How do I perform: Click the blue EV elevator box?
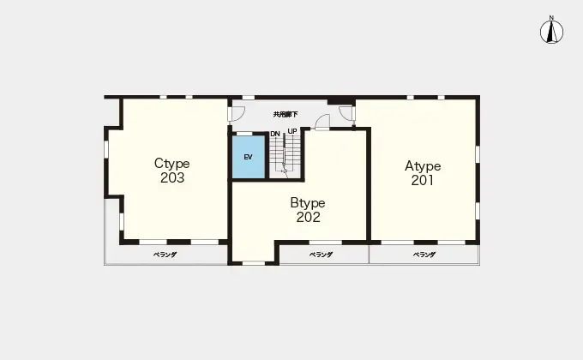point(249,157)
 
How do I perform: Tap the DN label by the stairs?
point(275,134)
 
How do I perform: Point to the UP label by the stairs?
point(292,131)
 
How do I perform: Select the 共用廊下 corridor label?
point(285,115)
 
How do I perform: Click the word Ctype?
point(171,164)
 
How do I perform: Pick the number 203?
point(172,177)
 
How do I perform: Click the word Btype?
point(308,203)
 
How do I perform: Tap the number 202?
point(309,217)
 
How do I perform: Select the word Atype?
point(423,166)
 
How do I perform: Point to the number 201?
point(423,180)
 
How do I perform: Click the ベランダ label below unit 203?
point(165,255)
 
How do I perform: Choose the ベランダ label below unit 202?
point(321,255)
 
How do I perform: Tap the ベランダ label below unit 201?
point(424,255)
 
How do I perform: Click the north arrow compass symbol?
point(552,32)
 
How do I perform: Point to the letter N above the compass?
point(552,17)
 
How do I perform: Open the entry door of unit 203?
point(237,114)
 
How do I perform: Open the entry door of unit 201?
point(346,112)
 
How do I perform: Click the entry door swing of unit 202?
point(322,122)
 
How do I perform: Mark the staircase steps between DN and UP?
point(285,153)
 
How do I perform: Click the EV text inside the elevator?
point(249,158)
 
